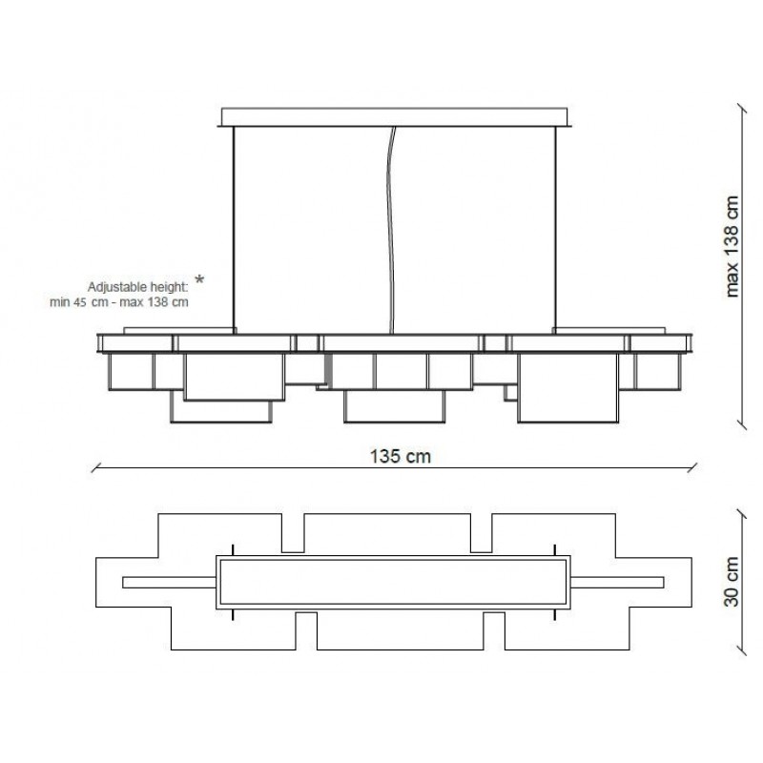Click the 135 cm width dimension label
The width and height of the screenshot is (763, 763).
(400, 457)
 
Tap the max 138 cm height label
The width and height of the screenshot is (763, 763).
(732, 247)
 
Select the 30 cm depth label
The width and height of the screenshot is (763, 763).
(732, 582)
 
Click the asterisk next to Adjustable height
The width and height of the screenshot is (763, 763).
(199, 280)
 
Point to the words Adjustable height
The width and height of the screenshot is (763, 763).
(137, 287)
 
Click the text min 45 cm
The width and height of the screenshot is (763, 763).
(79, 302)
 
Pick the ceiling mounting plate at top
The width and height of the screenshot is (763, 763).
(394, 117)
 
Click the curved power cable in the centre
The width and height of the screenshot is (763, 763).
(390, 230)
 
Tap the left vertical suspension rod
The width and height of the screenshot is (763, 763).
(234, 230)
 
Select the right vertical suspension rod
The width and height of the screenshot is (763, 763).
(555, 230)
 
